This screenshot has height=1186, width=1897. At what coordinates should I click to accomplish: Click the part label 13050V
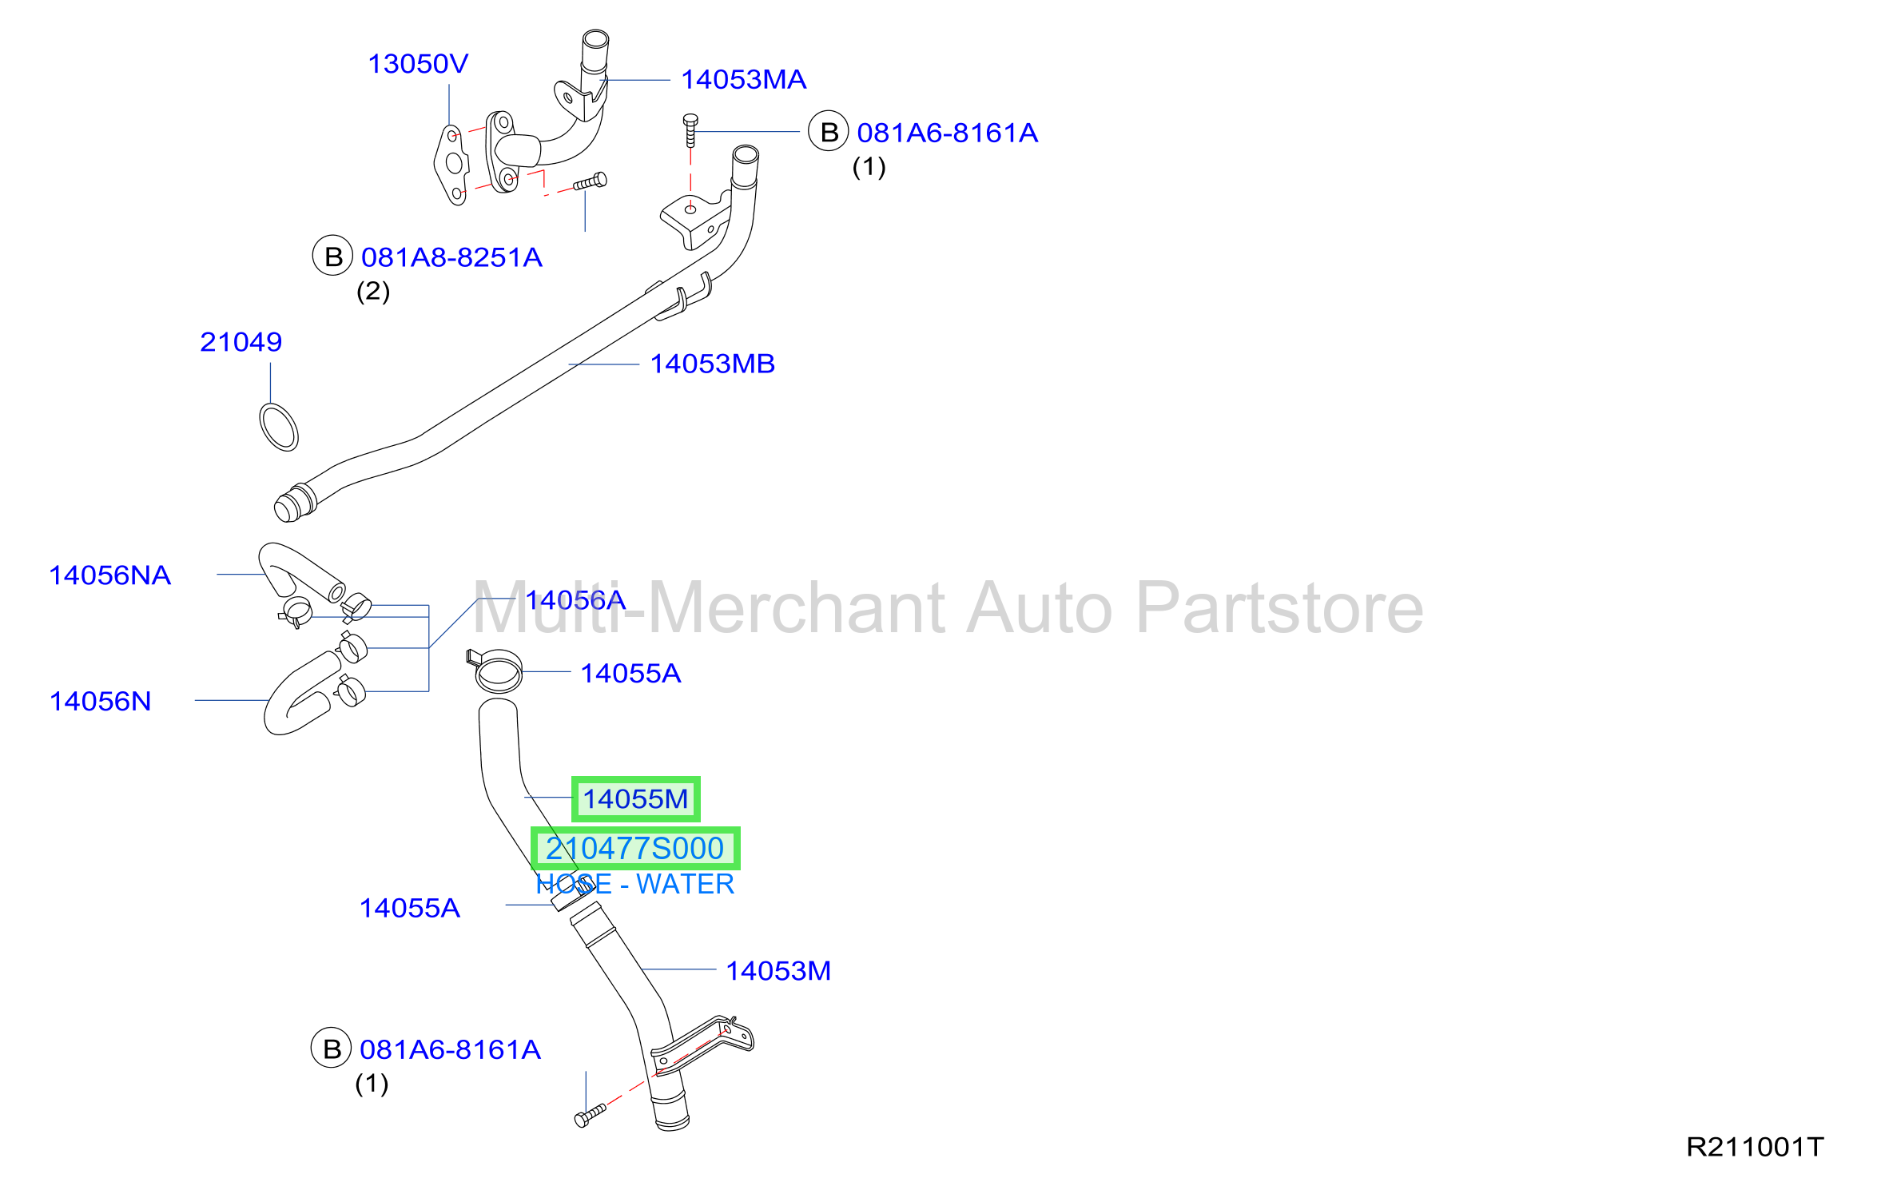pos(418,64)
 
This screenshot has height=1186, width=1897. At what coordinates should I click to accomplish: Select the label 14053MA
pos(743,80)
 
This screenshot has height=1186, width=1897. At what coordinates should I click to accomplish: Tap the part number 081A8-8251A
pos(451,257)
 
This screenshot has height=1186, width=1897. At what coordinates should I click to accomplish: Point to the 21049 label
pos(241,342)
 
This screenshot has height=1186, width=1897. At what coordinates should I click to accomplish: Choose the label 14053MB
pos(712,364)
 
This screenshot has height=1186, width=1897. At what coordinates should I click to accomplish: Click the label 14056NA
pos(109,575)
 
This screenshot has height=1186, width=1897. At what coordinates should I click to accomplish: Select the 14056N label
pos(100,702)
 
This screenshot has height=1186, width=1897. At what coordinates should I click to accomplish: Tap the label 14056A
pos(575,600)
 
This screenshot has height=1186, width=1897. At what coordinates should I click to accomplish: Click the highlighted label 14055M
pos(635,799)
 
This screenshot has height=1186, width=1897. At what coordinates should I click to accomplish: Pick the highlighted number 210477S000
pos(635,849)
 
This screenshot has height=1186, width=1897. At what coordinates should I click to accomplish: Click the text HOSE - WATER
pos(634,885)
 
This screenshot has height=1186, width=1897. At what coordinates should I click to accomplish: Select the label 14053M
pos(778,971)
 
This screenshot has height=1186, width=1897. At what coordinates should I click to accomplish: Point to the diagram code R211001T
pos(1755,1148)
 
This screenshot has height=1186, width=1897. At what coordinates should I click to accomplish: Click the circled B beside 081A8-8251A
pos(332,256)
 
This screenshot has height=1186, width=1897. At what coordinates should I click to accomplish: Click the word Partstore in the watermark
pos(1279,609)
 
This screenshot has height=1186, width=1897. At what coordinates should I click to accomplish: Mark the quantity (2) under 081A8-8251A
pos(373,292)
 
